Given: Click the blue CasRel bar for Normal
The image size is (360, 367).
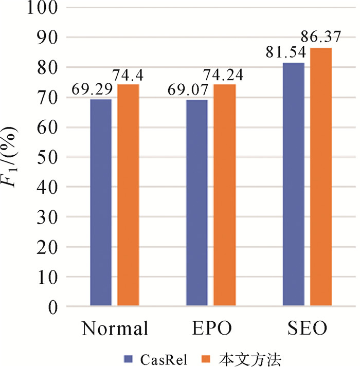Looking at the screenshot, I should [x=101, y=203].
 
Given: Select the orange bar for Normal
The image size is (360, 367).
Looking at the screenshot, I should [x=128, y=195].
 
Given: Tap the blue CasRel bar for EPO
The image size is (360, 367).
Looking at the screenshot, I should [x=197, y=203].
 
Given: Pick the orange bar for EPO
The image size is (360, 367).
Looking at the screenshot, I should [x=224, y=195].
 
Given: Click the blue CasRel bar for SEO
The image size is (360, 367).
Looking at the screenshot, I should [x=294, y=185].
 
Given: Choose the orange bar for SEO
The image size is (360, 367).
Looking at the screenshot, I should [x=321, y=177].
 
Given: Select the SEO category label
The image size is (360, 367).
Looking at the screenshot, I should [x=307, y=329].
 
